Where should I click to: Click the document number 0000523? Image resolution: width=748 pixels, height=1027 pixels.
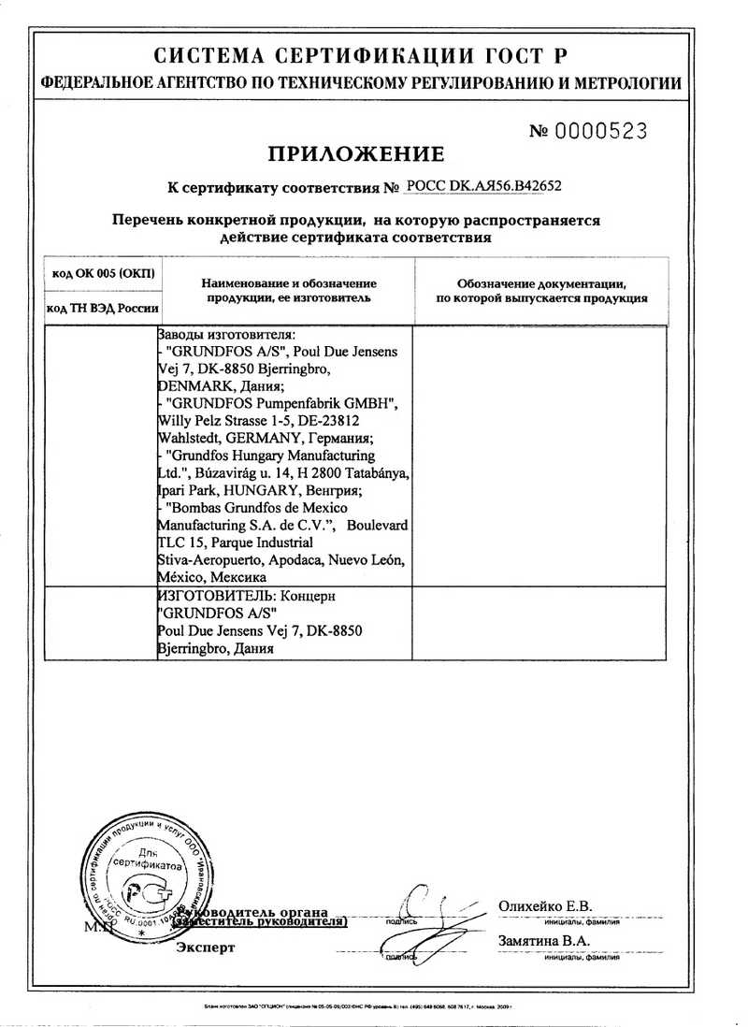601,132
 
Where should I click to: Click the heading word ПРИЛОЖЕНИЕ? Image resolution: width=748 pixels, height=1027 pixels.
357,154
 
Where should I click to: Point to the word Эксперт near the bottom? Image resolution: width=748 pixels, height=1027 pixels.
207,947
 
